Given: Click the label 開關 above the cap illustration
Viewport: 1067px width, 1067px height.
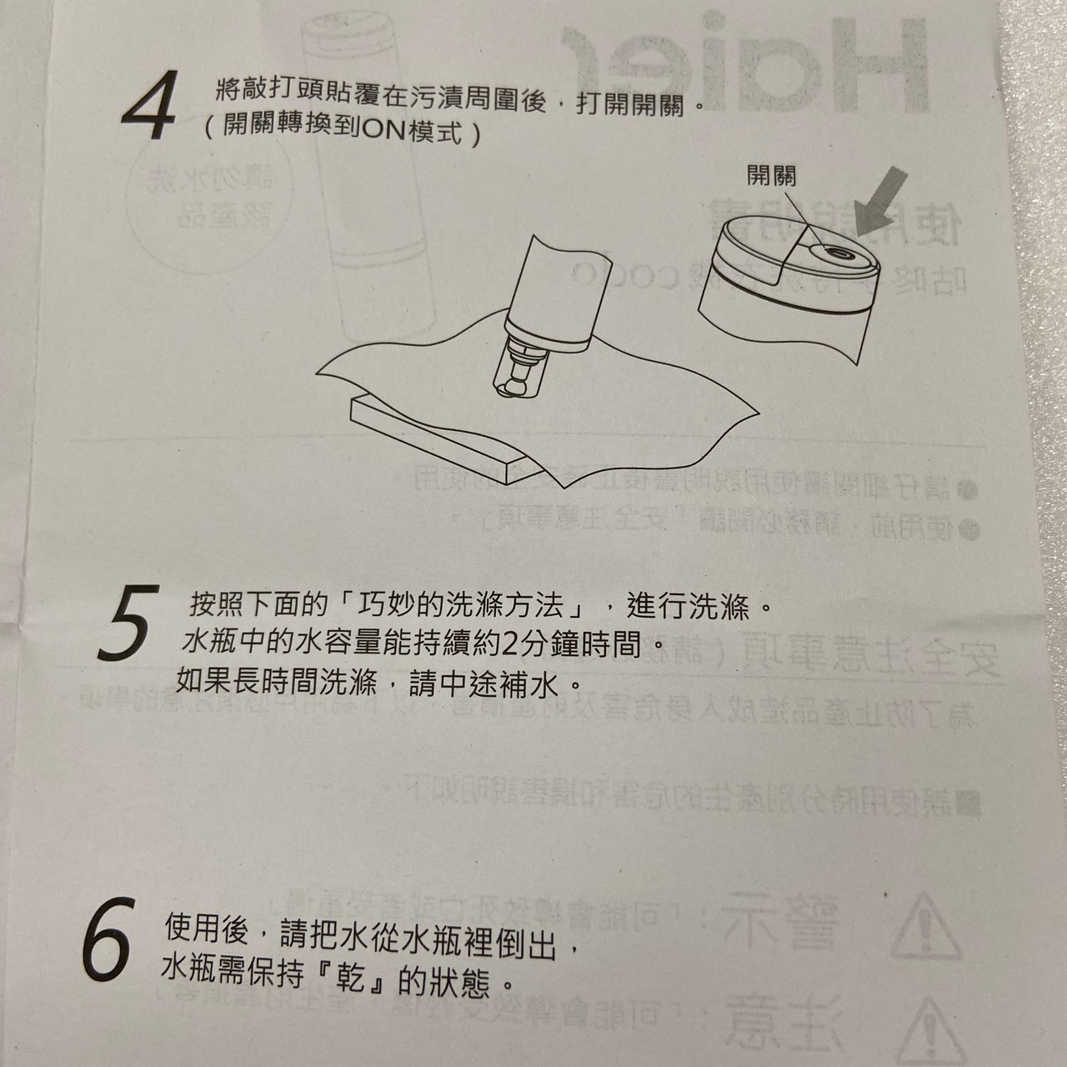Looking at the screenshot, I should pos(771,176).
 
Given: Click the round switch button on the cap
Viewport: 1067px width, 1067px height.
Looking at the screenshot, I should pos(835,254).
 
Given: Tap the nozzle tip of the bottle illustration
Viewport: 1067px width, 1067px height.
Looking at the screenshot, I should pos(517,384).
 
